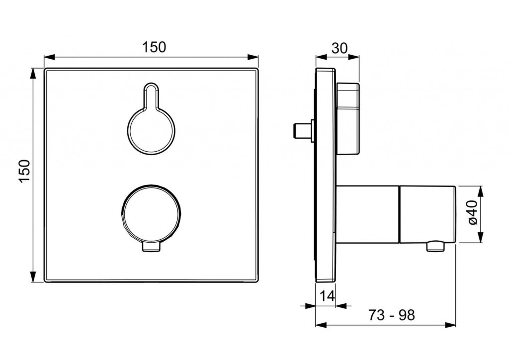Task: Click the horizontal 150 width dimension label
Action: coord(154,47)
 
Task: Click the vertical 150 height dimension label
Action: coord(25,172)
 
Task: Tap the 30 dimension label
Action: coord(339,48)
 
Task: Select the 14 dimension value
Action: coord(327,296)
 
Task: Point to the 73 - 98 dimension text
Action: coord(392,315)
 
